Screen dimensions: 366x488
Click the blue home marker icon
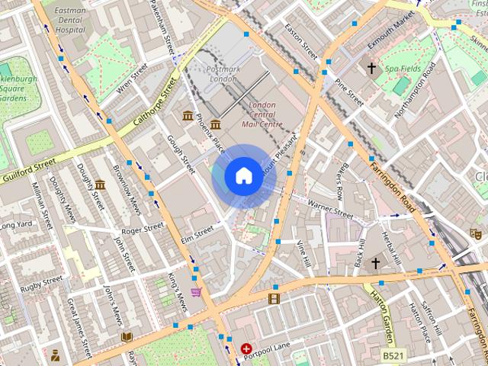pyautogui.click(x=243, y=176)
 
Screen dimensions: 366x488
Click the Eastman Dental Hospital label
pyautogui.click(x=71, y=20)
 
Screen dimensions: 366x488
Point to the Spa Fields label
pyautogui.click(x=403, y=69)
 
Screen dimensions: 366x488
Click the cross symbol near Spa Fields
pyautogui.click(x=372, y=69)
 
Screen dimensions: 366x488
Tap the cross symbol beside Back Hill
pyautogui.click(x=374, y=264)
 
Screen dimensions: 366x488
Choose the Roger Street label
pyautogui.click(x=143, y=227)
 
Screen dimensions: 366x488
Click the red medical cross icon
pyautogui.click(x=246, y=348)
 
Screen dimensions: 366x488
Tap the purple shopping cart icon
pyautogui.click(x=196, y=291)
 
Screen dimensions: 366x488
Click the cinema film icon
pyautogui.click(x=274, y=298)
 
